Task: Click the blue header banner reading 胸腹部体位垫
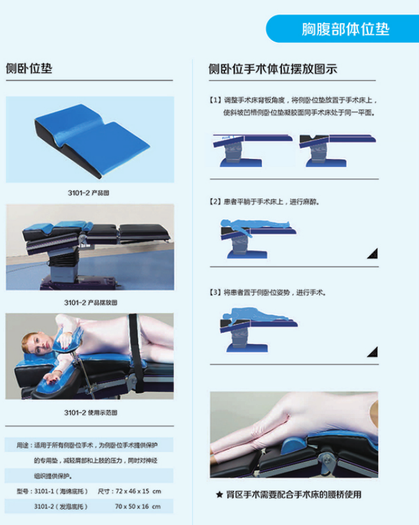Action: [x=342, y=29]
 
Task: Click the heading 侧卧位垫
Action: [x=29, y=69]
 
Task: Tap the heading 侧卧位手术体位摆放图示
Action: [x=273, y=69]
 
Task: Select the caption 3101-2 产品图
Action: [x=89, y=193]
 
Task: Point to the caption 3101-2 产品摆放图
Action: [x=91, y=302]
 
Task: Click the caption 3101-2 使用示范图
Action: [x=91, y=413]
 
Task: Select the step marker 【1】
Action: [x=215, y=100]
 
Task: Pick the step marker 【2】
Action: [x=215, y=202]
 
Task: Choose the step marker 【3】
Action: [x=215, y=292]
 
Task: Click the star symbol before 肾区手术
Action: [x=219, y=494]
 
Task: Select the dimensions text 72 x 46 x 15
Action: [x=133, y=491]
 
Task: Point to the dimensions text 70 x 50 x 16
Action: [x=132, y=507]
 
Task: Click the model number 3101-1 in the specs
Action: [x=44, y=491]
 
